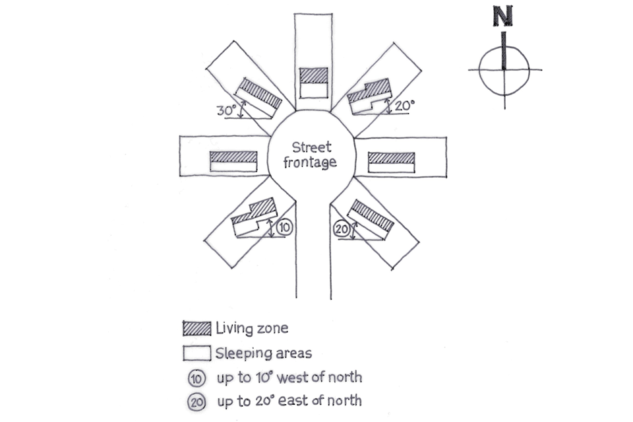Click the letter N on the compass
pyautogui.click(x=503, y=17)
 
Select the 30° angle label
pyautogui.click(x=226, y=111)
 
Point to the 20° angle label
pyautogui.click(x=403, y=104)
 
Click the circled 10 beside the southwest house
pyautogui.click(x=284, y=227)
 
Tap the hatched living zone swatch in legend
pyautogui.click(x=196, y=328)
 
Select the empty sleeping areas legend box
pyautogui.click(x=196, y=352)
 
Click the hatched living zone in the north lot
pyautogui.click(x=313, y=74)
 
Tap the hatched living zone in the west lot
pyautogui.click(x=232, y=157)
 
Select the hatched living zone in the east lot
pyautogui.click(x=391, y=158)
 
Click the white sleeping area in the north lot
pyautogui.click(x=313, y=88)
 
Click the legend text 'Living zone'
pyautogui.click(x=252, y=328)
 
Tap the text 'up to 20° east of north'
pyautogui.click(x=289, y=401)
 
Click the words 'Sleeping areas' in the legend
pyautogui.click(x=263, y=353)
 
